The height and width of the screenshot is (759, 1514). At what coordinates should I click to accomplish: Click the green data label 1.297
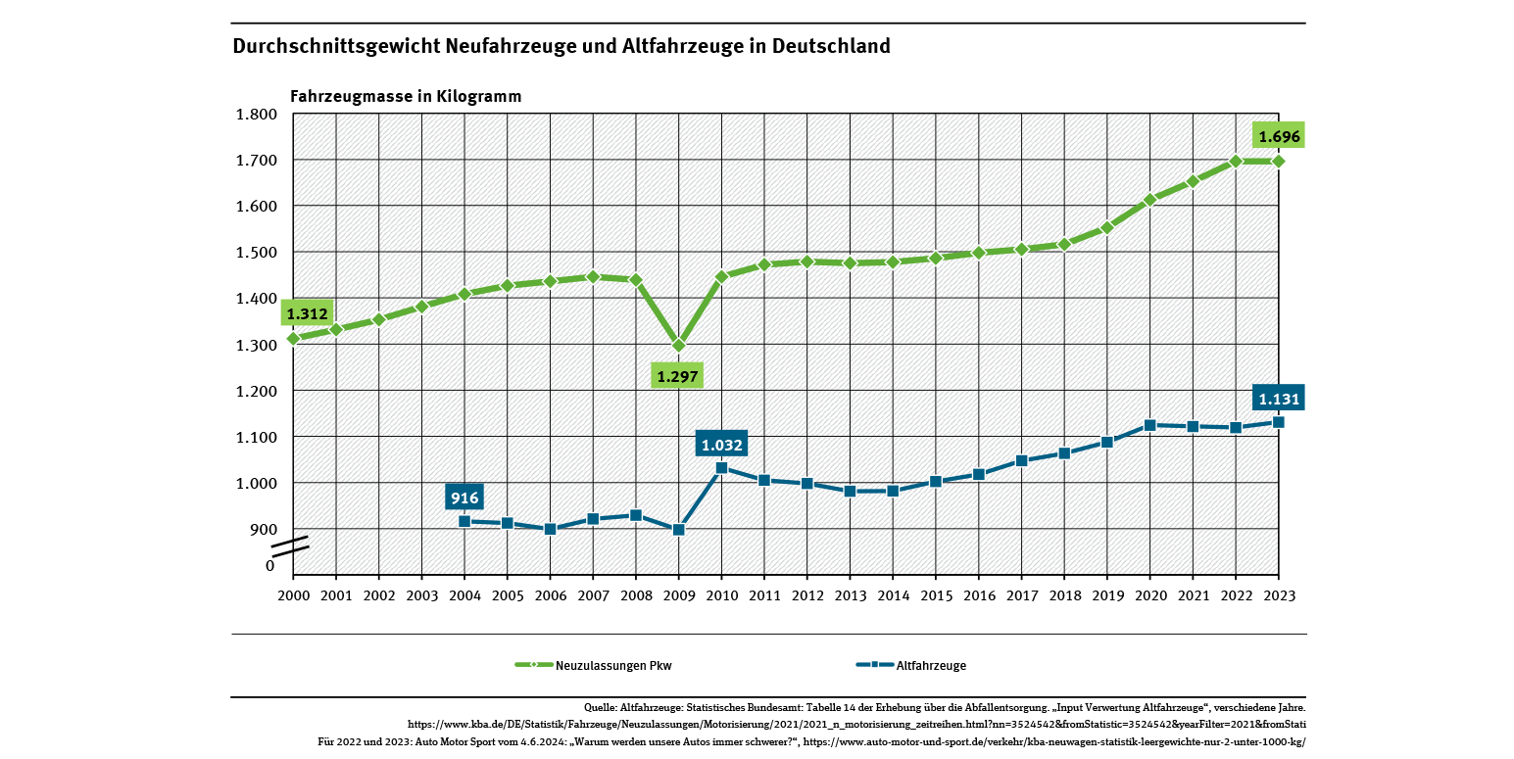pyautogui.click(x=678, y=376)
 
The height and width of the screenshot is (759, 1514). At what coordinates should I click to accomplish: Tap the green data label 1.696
pyautogui.click(x=1278, y=137)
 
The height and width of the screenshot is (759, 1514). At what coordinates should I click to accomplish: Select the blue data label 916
pyautogui.click(x=464, y=498)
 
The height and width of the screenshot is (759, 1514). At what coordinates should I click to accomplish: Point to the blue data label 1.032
pyautogui.click(x=721, y=445)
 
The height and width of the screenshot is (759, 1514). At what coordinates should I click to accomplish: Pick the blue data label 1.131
pyautogui.click(x=1278, y=399)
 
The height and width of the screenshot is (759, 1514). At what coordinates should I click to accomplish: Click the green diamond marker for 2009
pyautogui.click(x=678, y=345)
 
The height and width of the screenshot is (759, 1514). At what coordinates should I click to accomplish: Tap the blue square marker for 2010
pyautogui.click(x=721, y=468)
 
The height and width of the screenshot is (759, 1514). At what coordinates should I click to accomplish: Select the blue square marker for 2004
pyautogui.click(x=464, y=521)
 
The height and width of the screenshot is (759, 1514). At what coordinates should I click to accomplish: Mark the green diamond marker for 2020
pyautogui.click(x=1149, y=200)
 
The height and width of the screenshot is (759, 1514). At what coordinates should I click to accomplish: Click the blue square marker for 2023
pyautogui.click(x=1278, y=422)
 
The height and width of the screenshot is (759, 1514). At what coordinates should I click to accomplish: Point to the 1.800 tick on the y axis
pyautogui.click(x=257, y=114)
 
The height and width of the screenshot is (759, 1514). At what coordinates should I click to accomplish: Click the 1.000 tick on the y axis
pyautogui.click(x=257, y=483)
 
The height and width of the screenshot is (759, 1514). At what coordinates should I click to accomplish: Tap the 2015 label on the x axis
pyautogui.click(x=936, y=595)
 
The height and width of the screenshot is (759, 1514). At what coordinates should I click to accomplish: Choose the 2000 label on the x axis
pyautogui.click(x=293, y=595)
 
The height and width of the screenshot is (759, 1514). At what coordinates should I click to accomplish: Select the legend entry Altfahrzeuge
pyautogui.click(x=930, y=666)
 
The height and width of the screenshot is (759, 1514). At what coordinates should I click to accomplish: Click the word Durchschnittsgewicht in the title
pyautogui.click(x=336, y=46)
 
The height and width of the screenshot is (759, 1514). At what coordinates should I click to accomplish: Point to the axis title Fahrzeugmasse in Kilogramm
pyautogui.click(x=406, y=96)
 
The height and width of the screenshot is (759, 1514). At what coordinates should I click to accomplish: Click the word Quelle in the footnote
pyautogui.click(x=599, y=707)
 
